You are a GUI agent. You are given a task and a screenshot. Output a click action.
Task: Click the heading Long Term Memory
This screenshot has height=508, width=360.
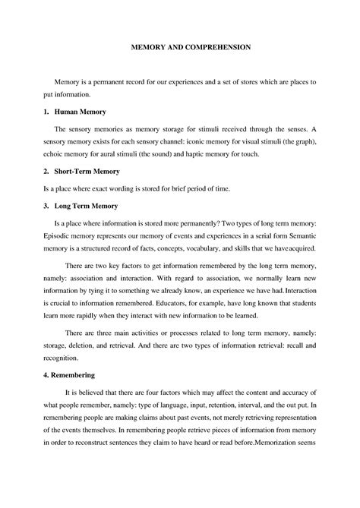(x=86, y=206)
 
